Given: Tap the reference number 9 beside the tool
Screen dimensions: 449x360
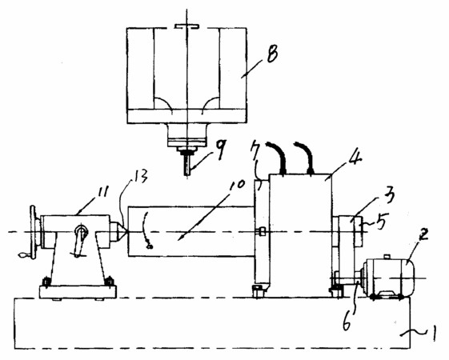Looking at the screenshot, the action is tap(221, 149).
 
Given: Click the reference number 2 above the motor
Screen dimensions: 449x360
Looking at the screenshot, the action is tap(423, 234).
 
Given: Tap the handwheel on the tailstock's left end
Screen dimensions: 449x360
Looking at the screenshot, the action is tap(34, 232).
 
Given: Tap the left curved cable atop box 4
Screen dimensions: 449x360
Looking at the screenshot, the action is tap(277, 157).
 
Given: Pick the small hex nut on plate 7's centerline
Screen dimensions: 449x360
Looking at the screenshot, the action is tap(262, 231).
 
